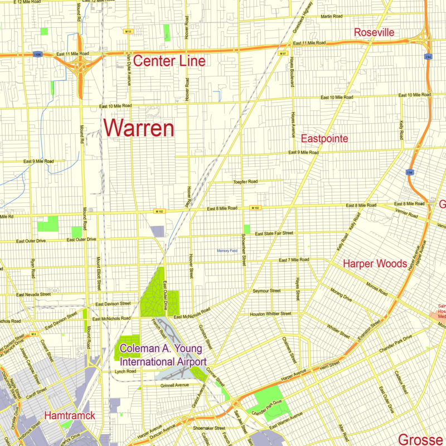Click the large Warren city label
click(x=139, y=128)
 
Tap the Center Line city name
click(x=169, y=61)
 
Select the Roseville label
click(x=374, y=33)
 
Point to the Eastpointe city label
click(x=324, y=138)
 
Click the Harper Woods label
click(x=375, y=263)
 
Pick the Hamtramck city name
click(x=69, y=415)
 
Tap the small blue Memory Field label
click(x=227, y=251)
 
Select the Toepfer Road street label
click(x=245, y=182)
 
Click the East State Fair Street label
click(x=274, y=233)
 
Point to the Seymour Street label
click(x=266, y=290)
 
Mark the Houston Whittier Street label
click(x=270, y=314)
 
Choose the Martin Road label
click(x=335, y=16)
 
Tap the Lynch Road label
click(x=125, y=371)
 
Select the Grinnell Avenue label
click(x=174, y=385)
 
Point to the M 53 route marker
click(x=128, y=31)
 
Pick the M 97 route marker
click(x=283, y=54)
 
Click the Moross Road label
click(x=376, y=290)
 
